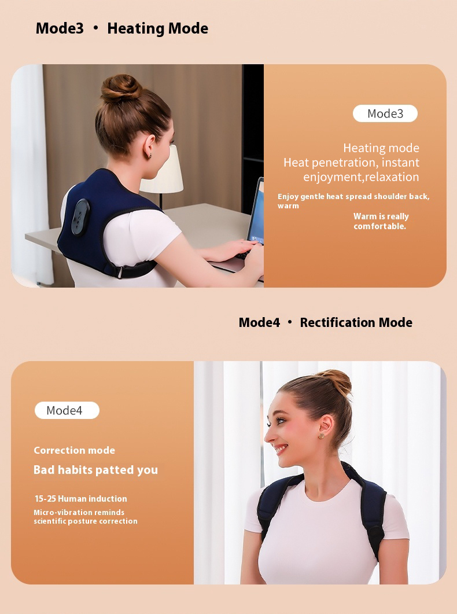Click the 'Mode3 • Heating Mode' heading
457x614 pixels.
coord(121,28)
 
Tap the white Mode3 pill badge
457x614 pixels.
coord(385,113)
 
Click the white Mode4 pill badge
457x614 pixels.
coord(67,410)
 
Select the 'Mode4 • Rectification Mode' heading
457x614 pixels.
coord(325,322)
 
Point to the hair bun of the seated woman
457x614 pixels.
coord(121,88)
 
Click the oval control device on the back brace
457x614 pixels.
coord(80,217)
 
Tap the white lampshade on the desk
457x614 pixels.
coord(164,171)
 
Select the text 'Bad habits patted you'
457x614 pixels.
coord(95,470)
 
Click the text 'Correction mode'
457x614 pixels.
coord(74,450)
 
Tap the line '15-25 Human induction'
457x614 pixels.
coord(80,499)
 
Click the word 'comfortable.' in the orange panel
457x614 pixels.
coord(379,226)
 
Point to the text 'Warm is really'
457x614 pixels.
coord(381,216)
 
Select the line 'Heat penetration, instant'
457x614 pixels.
coord(351,163)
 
